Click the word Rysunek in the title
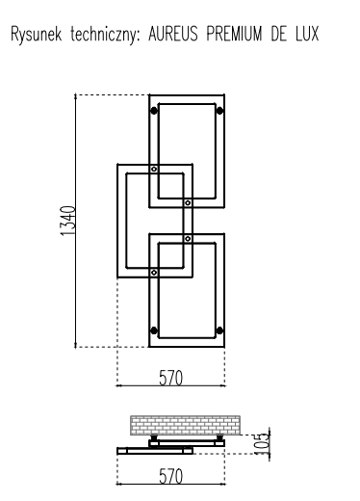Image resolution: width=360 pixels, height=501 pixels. click(36, 34)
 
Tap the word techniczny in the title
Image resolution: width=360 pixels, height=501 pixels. click(105, 34)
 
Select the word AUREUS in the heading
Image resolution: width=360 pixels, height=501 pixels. click(173, 34)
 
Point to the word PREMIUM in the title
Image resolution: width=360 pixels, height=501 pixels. click(234, 34)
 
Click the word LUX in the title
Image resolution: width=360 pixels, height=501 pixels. click(307, 34)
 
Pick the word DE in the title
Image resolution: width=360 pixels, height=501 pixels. click(278, 34)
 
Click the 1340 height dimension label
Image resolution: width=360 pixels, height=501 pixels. click(67, 221)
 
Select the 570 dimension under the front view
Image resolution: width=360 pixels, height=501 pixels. click(170, 378)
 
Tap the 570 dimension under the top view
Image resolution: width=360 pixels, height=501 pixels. click(170, 476)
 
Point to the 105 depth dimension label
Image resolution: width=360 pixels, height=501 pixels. click(261, 443)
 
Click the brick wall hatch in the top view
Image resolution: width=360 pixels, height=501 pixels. click(185, 425)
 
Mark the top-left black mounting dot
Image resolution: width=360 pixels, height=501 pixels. click(154, 111)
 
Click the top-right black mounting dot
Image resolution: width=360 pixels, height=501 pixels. click(219, 111)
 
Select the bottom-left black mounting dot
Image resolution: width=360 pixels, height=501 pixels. click(154, 330)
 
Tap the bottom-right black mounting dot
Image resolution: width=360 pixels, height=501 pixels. click(219, 330)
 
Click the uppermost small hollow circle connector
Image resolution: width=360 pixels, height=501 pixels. click(154, 169)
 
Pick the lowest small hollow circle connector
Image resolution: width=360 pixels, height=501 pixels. click(154, 273)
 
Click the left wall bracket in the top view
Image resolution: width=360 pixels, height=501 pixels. click(154, 437)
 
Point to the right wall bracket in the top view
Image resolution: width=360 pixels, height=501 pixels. click(219, 437)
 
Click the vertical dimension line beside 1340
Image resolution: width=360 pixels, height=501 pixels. click(75, 221)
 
